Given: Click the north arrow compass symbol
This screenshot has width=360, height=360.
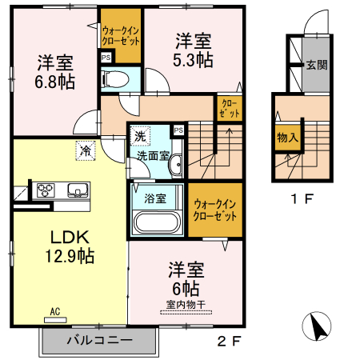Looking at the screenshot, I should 316,326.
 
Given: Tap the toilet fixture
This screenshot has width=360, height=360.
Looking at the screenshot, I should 114,78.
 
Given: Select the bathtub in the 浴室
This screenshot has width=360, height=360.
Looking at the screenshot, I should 158,223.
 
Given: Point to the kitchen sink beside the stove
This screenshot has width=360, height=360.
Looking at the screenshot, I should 77,190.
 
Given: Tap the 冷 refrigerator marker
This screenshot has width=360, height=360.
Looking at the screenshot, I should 84,148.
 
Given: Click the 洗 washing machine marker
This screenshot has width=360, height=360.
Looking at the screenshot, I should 141,136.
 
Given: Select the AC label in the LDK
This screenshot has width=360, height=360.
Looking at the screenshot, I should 55,311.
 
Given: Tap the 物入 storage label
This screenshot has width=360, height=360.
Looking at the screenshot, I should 286,138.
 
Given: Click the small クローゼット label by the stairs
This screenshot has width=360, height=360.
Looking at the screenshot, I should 226,108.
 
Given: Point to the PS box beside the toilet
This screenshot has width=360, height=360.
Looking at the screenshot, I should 106,57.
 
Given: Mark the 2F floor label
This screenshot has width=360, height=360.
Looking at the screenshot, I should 229,341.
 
